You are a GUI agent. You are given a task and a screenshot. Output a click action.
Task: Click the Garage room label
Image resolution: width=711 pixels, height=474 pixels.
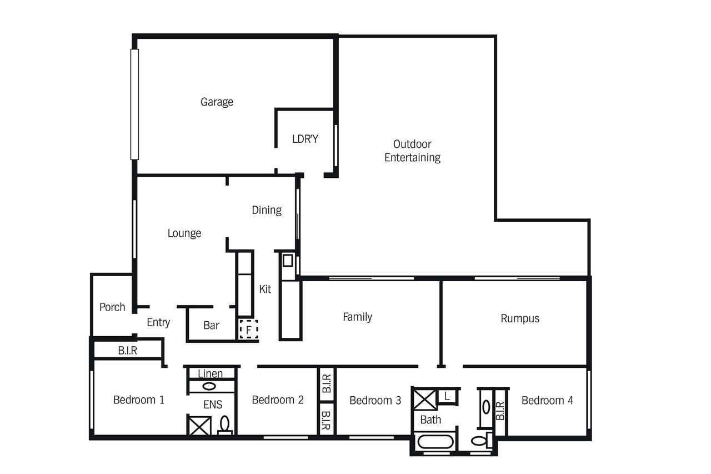(x=217, y=102)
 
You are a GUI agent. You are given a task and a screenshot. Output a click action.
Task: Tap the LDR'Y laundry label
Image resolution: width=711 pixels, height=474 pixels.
(x=305, y=139)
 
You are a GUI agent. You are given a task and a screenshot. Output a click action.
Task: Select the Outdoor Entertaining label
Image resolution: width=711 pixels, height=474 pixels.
(x=412, y=151)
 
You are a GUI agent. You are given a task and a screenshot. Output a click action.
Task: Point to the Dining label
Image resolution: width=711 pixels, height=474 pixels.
(x=267, y=210)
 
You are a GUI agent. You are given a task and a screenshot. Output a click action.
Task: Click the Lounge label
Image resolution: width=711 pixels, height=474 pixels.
(x=184, y=233)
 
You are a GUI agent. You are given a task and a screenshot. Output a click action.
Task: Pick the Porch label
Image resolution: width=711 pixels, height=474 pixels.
(x=112, y=307)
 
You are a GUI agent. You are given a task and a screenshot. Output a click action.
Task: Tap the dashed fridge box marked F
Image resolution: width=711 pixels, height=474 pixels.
(x=248, y=329)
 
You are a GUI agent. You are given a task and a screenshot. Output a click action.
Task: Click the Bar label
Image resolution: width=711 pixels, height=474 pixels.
(x=211, y=325)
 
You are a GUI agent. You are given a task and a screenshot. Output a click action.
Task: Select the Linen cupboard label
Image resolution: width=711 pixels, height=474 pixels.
(x=210, y=373)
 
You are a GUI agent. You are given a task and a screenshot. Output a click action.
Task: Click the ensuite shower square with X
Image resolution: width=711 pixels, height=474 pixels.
(x=199, y=426)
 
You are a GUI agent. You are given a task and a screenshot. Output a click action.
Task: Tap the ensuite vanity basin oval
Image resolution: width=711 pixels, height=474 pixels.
(x=209, y=386)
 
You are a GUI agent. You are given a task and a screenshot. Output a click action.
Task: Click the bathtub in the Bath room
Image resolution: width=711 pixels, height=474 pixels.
(x=435, y=442)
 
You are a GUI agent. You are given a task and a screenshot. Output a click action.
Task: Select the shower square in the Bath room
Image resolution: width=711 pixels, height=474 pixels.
(x=425, y=400)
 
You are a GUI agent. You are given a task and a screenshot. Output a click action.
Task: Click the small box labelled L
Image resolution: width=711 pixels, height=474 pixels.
(x=447, y=396)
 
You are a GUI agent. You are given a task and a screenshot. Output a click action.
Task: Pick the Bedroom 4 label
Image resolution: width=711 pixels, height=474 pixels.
(x=547, y=400)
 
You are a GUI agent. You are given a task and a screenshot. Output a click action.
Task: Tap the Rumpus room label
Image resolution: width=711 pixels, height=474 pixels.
(x=520, y=318)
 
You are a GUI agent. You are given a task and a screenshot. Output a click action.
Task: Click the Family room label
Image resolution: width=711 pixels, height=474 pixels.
(x=357, y=317)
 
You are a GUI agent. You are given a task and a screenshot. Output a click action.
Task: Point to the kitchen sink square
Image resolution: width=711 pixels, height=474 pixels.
(x=288, y=261)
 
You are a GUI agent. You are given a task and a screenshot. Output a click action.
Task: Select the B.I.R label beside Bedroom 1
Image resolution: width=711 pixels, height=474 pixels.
(x=128, y=351)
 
